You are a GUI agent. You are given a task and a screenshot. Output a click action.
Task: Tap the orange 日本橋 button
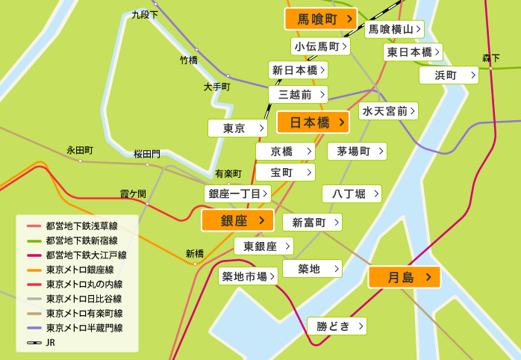point(313,122)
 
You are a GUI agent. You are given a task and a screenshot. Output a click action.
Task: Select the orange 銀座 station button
point(237,220)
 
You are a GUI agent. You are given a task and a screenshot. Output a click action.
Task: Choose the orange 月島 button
point(404,277)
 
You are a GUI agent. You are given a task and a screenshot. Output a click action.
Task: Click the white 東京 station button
point(237,128)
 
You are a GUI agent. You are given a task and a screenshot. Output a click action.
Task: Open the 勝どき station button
point(337,326)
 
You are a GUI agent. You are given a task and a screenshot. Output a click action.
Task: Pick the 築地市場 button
point(248,276)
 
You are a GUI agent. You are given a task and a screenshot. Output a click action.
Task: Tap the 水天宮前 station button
point(387,111)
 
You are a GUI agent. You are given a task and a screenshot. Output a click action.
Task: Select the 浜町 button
point(448,75)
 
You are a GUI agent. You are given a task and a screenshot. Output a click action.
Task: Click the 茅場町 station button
point(357,151)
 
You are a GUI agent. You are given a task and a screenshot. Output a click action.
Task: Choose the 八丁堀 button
point(352,194)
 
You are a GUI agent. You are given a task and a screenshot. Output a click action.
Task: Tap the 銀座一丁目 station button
point(237,193)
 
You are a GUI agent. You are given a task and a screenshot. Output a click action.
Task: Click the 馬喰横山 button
point(394,29)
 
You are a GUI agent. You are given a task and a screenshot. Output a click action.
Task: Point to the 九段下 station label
point(144,14)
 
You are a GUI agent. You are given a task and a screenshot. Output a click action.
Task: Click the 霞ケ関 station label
point(133,193)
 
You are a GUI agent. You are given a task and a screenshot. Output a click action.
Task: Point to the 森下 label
point(490,58)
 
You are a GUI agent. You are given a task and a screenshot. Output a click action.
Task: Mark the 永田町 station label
point(79,150)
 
